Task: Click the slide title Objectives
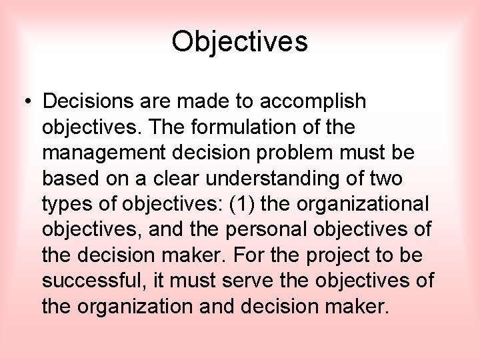pyautogui.click(x=239, y=42)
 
